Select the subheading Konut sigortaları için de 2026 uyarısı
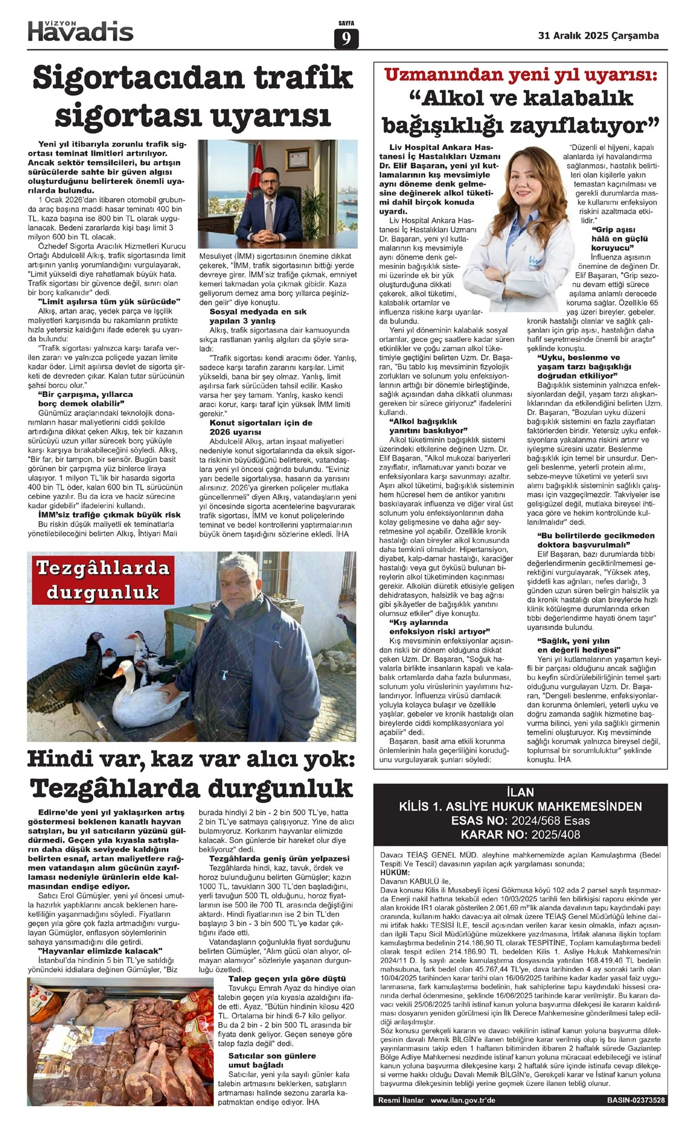[261, 427]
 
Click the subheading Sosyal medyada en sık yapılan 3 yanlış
[250, 316]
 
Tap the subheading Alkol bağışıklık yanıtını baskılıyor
[428, 426]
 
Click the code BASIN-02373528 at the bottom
[635, 1100]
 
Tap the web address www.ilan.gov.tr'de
[463, 1100]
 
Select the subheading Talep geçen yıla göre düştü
[287, 979]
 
